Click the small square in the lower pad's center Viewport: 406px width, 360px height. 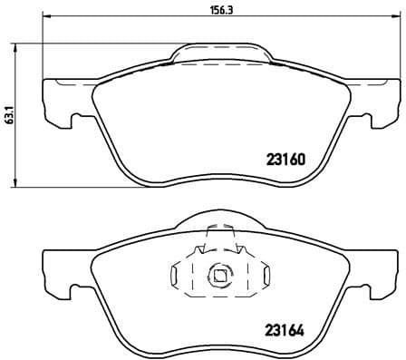pyautogui.click(x=219, y=273)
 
